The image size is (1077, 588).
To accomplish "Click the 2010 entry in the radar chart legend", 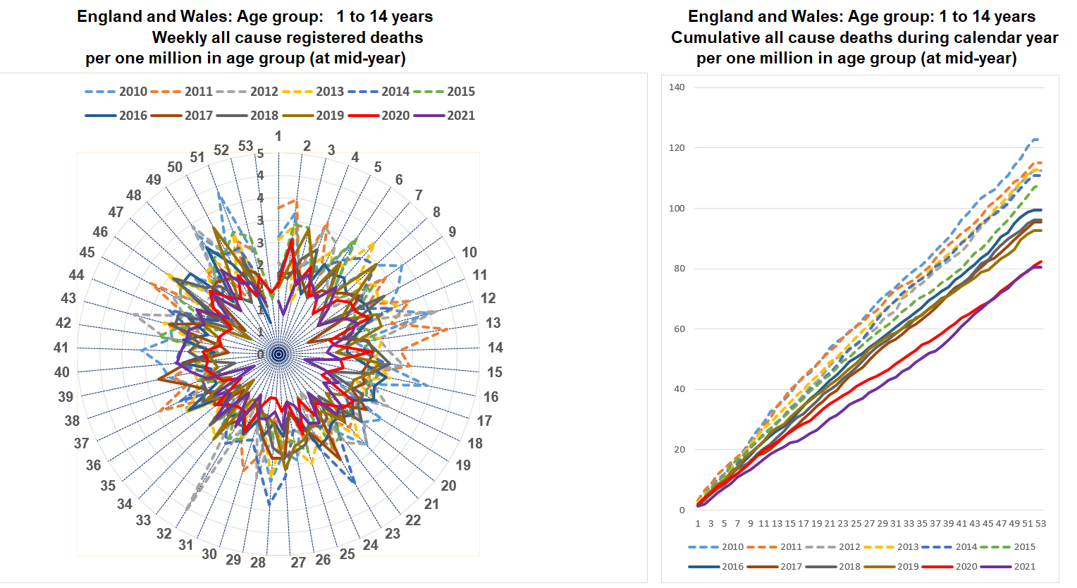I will [x=116, y=92].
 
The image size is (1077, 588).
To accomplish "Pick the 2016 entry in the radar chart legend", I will [x=116, y=116].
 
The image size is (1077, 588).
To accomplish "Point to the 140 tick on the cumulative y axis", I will [x=677, y=87].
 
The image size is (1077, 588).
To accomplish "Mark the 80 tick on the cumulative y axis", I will [x=678, y=269].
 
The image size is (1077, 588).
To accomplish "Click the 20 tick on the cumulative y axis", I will [x=678, y=450].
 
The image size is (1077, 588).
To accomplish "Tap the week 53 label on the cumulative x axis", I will [x=1040, y=524].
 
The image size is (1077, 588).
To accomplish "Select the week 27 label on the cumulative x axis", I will [x=869, y=524].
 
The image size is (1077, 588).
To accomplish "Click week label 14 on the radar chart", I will [x=496, y=348].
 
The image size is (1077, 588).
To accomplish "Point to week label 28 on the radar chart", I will [x=258, y=563].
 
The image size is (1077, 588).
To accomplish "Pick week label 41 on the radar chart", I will [x=61, y=348].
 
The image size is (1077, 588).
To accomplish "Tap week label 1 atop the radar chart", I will [x=278, y=136].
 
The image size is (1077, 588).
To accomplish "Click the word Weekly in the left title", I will [x=177, y=37].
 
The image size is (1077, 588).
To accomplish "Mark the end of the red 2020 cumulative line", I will [x=1041, y=262].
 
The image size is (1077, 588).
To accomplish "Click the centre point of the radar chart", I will [x=278, y=354].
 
